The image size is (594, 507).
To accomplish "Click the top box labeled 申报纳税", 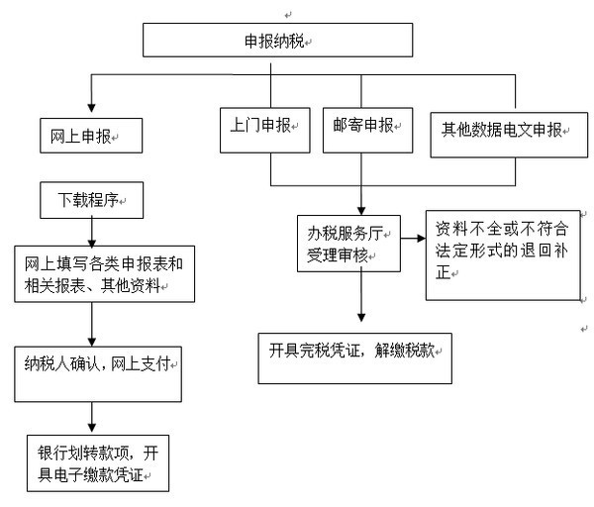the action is pyautogui.click(x=277, y=40).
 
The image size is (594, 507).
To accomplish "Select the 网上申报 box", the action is pyautogui.click(x=91, y=136).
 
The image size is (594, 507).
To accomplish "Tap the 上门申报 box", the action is pyautogui.click(x=265, y=131).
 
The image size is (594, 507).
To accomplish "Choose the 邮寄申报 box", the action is pyautogui.click(x=368, y=131).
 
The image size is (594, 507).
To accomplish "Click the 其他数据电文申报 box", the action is pyautogui.click(x=509, y=135).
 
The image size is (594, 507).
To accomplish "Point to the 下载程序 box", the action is pyautogui.click(x=92, y=200).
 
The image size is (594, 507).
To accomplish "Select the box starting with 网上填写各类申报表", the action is pyautogui.click(x=105, y=274).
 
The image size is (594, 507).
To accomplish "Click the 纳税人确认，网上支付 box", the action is pyautogui.click(x=98, y=374).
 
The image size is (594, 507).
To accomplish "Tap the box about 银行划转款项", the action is pyautogui.click(x=98, y=463).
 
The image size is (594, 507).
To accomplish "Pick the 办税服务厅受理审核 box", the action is pyautogui.click(x=348, y=244).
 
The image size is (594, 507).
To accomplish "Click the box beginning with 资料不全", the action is pyautogui.click(x=503, y=255).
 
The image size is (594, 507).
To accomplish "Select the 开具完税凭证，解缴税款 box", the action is pyautogui.click(x=355, y=358).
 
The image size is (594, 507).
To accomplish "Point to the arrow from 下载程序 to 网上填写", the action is pyautogui.click(x=92, y=233).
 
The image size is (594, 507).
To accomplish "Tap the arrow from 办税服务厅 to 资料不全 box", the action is pyautogui.click(x=413, y=239).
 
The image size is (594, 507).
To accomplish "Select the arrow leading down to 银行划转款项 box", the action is pyautogui.click(x=92, y=417).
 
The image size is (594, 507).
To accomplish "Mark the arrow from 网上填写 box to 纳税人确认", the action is pyautogui.click(x=92, y=325).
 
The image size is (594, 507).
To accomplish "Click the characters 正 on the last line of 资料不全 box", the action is pyautogui.click(x=444, y=271).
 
